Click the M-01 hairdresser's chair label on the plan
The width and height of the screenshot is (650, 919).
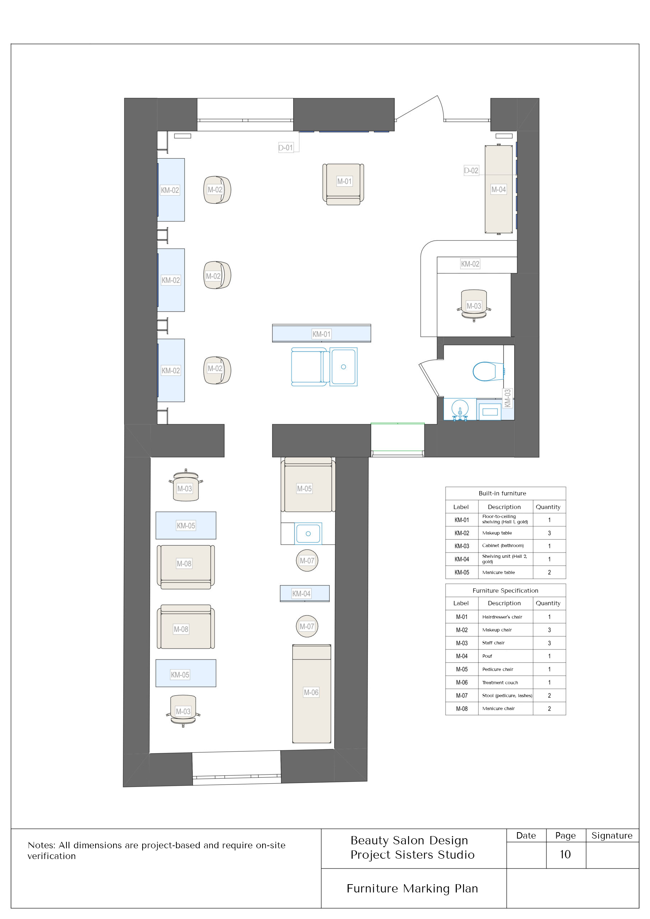pos(344,181)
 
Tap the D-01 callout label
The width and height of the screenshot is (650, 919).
pos(285,148)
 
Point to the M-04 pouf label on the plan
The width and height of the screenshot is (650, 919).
pos(498,189)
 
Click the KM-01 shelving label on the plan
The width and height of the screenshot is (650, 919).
pos(321,334)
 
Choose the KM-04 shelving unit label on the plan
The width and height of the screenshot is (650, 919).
pos(301,594)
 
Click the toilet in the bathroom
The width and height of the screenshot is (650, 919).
pos(488,371)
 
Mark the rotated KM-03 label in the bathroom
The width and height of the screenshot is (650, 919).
pos(507,398)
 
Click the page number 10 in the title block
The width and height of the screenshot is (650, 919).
pos(565,854)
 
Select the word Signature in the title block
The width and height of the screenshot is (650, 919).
pos(612,835)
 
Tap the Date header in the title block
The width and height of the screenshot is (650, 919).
pos(526,835)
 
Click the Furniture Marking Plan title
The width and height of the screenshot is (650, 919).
pos(412,888)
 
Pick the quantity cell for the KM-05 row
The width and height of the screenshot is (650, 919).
pos(549,572)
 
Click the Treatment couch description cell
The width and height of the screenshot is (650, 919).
pos(505,682)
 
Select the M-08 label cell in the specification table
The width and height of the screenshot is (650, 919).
pos(462,709)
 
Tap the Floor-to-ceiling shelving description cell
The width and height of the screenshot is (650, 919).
pos(505,519)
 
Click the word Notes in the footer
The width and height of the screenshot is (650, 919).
pos(41,845)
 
